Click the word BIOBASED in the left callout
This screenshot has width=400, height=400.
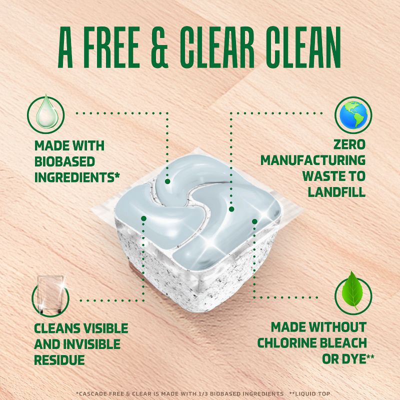tap(64, 162)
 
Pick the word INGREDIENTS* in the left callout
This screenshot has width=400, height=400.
tap(79, 178)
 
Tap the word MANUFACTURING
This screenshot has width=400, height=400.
tap(312, 161)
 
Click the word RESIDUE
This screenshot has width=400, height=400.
tap(59, 360)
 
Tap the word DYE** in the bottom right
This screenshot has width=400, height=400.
tap(357, 359)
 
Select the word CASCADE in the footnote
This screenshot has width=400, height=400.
tap(92, 394)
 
